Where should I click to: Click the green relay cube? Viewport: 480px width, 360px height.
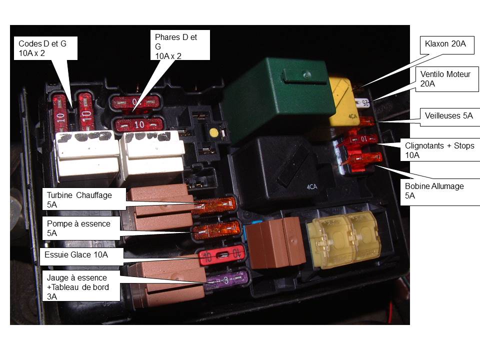click(277, 98)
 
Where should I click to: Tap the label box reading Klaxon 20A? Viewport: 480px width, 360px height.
click(447, 45)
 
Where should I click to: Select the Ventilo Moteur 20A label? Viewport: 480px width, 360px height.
click(447, 79)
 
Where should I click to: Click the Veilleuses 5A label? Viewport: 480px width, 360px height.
click(449, 116)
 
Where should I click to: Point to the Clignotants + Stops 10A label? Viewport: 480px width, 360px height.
click(440, 150)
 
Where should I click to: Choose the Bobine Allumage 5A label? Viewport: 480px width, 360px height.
click(440, 191)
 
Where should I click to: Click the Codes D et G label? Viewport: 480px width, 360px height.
click(45, 48)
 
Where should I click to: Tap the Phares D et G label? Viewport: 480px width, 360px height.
click(180, 45)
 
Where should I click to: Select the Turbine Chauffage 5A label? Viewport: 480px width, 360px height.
click(84, 199)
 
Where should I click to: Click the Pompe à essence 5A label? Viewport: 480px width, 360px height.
click(81, 228)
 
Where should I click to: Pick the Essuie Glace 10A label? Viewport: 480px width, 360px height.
click(81, 256)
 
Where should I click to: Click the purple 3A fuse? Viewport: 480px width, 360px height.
click(226, 280)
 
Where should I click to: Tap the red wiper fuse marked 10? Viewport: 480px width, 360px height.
click(221, 254)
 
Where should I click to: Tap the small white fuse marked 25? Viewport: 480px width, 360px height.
click(363, 103)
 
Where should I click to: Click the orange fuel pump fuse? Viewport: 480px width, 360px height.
click(216, 230)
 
